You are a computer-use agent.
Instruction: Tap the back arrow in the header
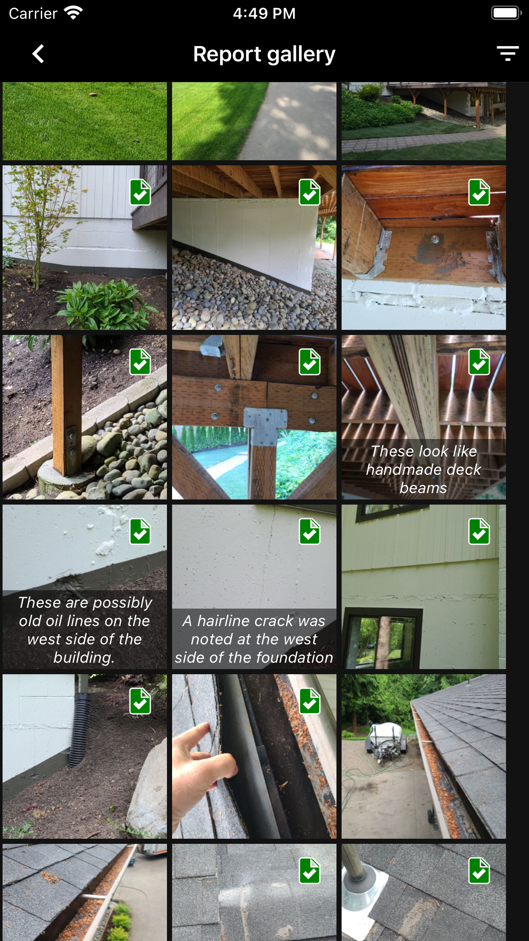point(38,54)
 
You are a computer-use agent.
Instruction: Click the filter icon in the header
point(507,54)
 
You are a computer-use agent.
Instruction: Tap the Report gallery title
point(264,54)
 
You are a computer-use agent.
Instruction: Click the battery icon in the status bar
point(506,13)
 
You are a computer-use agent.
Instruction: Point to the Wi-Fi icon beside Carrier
point(73,13)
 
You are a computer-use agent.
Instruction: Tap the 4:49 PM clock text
point(264,13)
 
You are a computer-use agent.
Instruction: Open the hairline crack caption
point(254,639)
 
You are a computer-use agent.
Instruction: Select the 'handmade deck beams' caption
point(423,469)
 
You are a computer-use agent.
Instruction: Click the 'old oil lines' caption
point(84,629)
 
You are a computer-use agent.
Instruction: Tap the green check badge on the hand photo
point(310,701)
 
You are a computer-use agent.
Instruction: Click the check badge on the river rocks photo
point(310,192)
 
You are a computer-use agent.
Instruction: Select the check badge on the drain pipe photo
point(140,701)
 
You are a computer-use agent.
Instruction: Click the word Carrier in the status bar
point(33,14)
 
